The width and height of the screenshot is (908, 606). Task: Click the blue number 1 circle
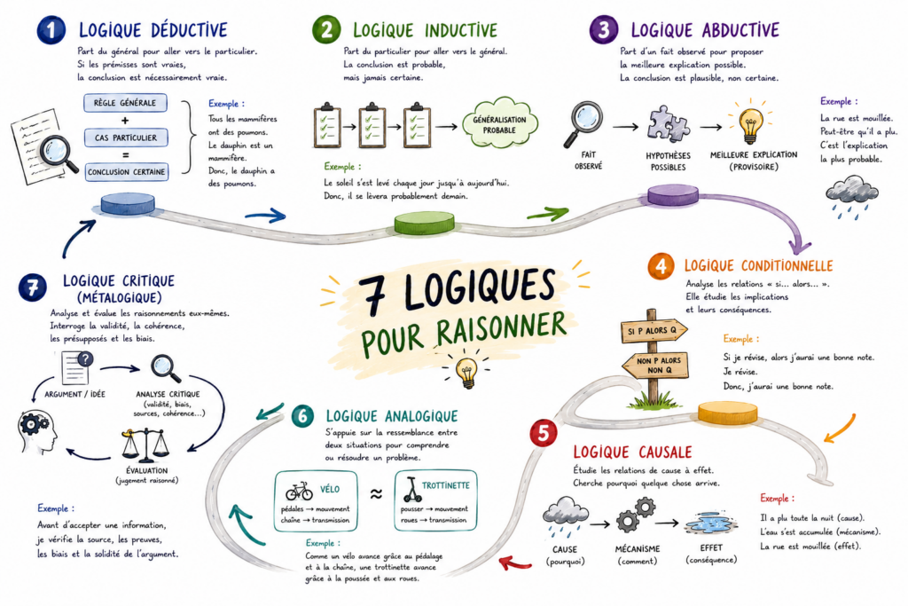[51, 30]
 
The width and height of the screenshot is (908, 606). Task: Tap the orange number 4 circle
[661, 266]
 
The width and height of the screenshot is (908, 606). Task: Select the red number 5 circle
[544, 433]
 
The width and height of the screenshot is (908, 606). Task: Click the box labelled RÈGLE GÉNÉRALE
[125, 103]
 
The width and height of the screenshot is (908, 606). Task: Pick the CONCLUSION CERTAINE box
[126, 172]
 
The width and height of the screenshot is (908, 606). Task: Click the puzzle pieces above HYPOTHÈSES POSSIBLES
[669, 124]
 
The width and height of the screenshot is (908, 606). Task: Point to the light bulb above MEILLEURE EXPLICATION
[750, 123]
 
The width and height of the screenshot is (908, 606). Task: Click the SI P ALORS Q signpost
[654, 331]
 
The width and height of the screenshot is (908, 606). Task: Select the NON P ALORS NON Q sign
[655, 365]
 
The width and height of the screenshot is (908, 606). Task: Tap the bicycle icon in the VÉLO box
[300, 492]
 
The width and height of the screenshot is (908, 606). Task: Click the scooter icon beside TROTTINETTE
[411, 490]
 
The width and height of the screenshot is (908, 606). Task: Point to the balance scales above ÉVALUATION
[145, 446]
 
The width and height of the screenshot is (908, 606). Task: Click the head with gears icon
[37, 431]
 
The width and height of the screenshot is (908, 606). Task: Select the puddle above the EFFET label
[710, 523]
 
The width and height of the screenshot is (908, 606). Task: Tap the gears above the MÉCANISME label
[636, 515]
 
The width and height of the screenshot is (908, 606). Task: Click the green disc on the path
[425, 223]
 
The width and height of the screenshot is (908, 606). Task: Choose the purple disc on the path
[673, 194]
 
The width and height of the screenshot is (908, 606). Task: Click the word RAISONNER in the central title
[501, 329]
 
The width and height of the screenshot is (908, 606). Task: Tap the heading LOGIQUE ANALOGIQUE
[391, 416]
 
